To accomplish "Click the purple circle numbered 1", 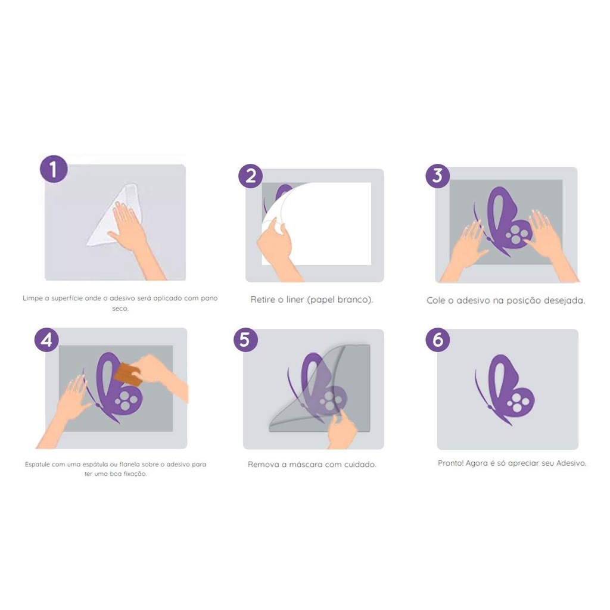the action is tap(54, 169).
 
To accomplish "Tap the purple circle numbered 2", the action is tap(251, 176).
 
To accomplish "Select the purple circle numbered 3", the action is tap(438, 176).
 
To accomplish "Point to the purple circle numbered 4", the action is tap(46, 340).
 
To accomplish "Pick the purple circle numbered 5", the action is tap(245, 340).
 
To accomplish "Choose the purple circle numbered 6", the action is tap(438, 340).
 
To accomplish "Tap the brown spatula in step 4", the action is tap(128, 374).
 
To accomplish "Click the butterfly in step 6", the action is tap(505, 390).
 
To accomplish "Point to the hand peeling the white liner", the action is tap(277, 249).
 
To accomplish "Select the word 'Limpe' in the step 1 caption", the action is tap(33, 298).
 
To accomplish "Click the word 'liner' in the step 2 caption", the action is tap(295, 300).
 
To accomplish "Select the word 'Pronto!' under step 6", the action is tap(450, 463).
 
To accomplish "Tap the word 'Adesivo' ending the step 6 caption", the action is tap(571, 463).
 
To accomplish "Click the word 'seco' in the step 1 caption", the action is tap(120, 309).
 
